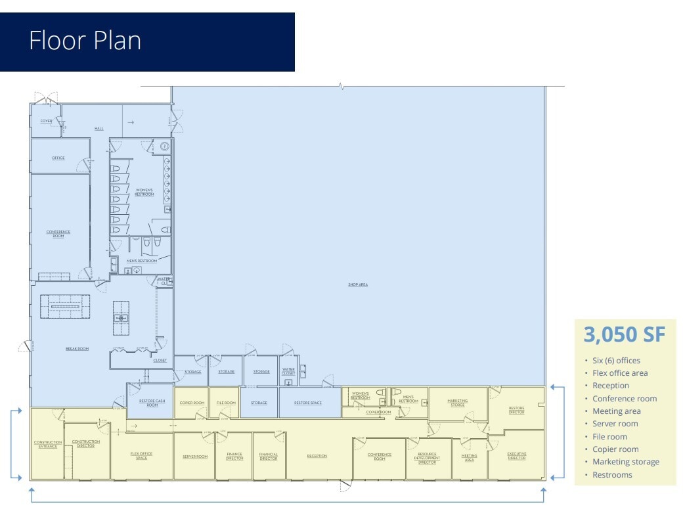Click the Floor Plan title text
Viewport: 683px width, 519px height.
point(85,41)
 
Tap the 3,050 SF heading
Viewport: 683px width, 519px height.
point(625,334)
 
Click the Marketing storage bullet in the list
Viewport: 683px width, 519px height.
point(625,462)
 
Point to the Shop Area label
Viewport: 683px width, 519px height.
point(358,284)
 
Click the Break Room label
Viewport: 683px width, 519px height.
point(77,349)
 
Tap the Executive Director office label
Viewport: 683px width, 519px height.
point(517,456)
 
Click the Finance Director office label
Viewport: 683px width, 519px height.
point(234,456)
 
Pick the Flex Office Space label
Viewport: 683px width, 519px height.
point(141,455)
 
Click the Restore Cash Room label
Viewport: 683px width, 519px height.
point(152,403)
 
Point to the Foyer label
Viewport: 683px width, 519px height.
point(46,121)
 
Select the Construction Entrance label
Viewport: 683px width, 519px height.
point(48,444)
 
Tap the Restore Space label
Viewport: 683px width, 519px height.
point(308,403)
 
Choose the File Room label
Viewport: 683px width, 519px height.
point(226,403)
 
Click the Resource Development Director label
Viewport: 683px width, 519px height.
point(428,458)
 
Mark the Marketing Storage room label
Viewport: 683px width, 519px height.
point(458,403)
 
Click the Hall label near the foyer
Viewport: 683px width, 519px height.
point(99,128)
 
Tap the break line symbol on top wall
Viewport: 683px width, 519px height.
point(341,86)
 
